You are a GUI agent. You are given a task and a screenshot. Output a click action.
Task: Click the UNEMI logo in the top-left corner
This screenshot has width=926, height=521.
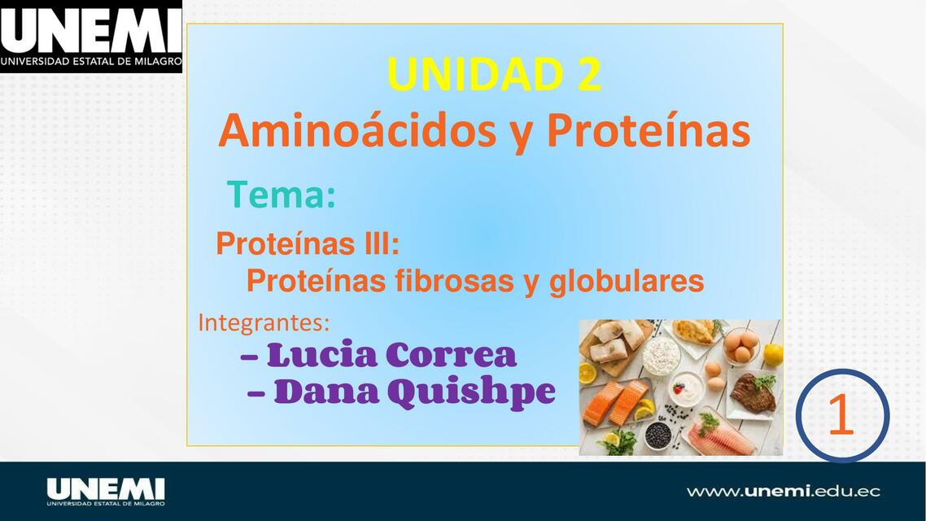pyautogui.click(x=90, y=37)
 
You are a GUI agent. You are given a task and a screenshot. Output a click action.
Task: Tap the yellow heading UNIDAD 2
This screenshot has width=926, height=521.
pyautogui.click(x=494, y=75)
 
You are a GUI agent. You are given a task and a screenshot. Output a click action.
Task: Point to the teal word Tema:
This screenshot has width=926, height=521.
pyautogui.click(x=281, y=195)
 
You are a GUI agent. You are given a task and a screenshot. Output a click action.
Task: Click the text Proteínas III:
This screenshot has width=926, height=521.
pyautogui.click(x=307, y=243)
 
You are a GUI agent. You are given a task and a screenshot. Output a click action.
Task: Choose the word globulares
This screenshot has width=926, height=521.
pyautogui.click(x=627, y=282)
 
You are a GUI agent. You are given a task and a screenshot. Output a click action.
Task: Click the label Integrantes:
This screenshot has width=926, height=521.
pyautogui.click(x=264, y=322)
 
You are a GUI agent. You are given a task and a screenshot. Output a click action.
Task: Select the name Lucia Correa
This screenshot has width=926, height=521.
pyautogui.click(x=391, y=355)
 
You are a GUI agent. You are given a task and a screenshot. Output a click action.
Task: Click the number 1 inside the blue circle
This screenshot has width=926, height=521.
pyautogui.click(x=841, y=416)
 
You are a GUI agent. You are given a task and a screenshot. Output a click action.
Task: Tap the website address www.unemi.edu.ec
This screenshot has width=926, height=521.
pyautogui.click(x=783, y=491)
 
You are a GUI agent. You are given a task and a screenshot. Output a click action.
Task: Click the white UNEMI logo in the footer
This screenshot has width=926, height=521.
pyautogui.click(x=106, y=491)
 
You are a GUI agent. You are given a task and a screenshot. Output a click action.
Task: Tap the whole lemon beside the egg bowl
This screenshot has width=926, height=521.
pyautogui.click(x=773, y=354)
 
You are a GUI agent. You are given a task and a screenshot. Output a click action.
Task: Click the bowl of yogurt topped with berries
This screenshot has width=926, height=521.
pyautogui.click(x=684, y=389)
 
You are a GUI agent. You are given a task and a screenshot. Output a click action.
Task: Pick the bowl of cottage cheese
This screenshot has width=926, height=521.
pyautogui.click(x=662, y=355)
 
